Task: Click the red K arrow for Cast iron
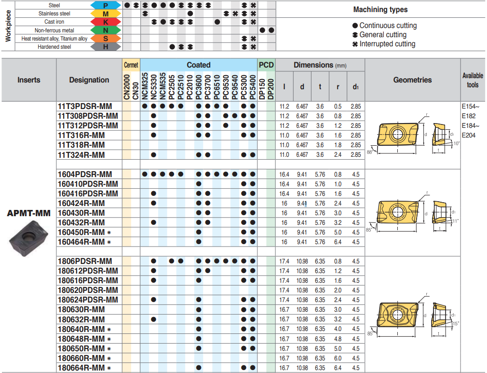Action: [x=105, y=22]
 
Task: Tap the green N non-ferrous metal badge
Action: [x=105, y=30]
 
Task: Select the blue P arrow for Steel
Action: [x=105, y=5]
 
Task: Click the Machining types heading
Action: [x=380, y=10]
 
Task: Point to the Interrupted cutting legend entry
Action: [x=384, y=44]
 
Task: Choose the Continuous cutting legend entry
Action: [x=384, y=26]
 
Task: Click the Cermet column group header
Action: [x=131, y=65]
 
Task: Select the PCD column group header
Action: [x=266, y=65]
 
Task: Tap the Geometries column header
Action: [x=412, y=80]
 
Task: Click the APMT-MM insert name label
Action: [x=28, y=213]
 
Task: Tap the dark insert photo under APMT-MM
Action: [x=28, y=237]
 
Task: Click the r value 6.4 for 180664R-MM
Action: [x=338, y=368]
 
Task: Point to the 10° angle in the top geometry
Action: [x=456, y=143]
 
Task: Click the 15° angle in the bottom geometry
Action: [x=456, y=323]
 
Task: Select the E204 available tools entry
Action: [x=468, y=135]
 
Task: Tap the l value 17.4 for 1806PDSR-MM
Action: [x=284, y=261]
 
